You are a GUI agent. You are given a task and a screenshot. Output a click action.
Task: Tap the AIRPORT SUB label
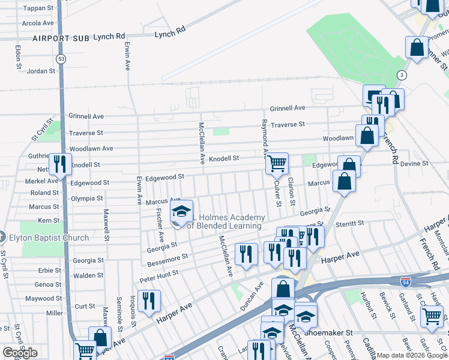coord(61,38)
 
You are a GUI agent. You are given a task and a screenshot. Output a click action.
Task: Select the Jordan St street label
coord(41,71)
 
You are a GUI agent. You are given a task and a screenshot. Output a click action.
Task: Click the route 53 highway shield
coord(61,59)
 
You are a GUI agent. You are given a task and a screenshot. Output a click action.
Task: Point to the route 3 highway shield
coord(401,74)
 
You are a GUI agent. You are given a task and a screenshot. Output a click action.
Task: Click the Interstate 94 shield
coord(406,280)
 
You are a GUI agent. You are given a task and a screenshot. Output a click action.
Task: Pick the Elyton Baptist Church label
coord(49,238)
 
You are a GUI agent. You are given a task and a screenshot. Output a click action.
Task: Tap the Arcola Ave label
coord(38,23)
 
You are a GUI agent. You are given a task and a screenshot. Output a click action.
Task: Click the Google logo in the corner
coord(20,353)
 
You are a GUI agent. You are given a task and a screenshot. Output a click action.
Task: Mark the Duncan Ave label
coord(253,296)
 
